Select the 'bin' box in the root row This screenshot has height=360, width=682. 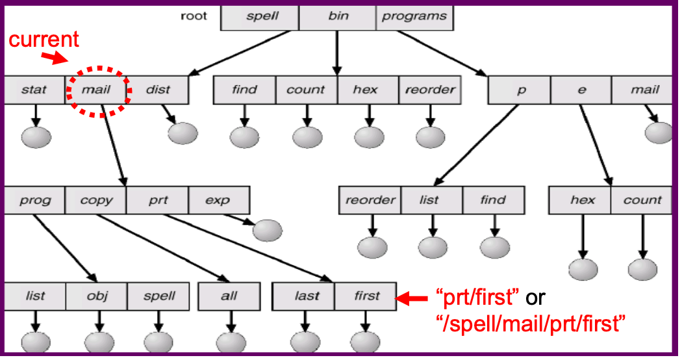[337, 16]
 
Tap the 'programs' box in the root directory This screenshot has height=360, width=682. [414, 16]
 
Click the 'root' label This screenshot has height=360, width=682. [194, 16]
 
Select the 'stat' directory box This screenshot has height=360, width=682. [34, 90]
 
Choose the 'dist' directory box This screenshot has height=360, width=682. [158, 90]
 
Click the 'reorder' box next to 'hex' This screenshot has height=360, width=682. [430, 90]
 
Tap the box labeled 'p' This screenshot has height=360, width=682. [520, 90]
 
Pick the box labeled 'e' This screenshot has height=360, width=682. [581, 90]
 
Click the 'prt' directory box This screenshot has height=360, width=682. [158, 200]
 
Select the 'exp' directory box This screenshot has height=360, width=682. [218, 200]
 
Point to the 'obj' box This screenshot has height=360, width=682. [97, 296]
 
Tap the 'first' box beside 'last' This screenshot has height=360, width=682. [366, 296]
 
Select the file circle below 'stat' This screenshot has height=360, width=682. [36, 137]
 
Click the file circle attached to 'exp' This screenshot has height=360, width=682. [268, 229]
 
